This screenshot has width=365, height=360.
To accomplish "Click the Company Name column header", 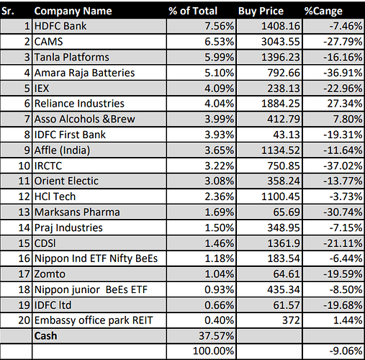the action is click(73, 11).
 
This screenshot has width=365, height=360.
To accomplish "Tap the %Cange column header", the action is click(323, 12).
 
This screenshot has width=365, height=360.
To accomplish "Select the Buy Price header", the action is click(261, 12).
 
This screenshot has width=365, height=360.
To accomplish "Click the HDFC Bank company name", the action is click(60, 26).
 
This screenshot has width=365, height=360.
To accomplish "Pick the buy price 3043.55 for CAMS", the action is click(281, 42).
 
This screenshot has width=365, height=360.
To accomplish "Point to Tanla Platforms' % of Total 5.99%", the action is click(219, 57).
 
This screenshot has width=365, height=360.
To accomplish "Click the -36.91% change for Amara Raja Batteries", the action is click(343, 73).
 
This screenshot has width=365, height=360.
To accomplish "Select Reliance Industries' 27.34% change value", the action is click(345, 104).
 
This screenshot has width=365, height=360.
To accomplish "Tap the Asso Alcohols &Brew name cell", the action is click(85, 119).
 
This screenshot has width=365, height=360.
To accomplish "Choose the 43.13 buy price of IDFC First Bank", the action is click(287, 135).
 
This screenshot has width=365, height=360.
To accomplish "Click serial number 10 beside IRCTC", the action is click(24, 166).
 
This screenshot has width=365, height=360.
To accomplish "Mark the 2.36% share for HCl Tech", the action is click(219, 197).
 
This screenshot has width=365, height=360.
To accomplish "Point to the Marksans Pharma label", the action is click(77, 212).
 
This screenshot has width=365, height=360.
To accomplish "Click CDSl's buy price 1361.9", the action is click(284, 243).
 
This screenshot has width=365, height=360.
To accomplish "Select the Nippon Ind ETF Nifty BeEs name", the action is click(96, 258).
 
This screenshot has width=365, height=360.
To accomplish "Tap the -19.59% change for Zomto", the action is click(343, 274).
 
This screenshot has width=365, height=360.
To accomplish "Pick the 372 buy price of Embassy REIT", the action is click(291, 320).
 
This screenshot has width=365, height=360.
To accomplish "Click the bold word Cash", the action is click(45, 336).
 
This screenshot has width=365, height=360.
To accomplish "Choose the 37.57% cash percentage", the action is click(216, 336).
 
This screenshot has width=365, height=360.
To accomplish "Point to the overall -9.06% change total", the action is click(346, 351).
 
